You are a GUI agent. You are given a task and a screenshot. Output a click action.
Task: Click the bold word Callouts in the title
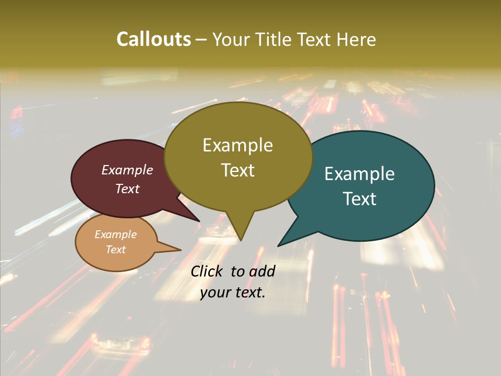(153, 39)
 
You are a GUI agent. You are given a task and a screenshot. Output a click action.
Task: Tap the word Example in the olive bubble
(237, 145)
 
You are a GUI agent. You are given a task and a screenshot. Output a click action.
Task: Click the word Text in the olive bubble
(237, 170)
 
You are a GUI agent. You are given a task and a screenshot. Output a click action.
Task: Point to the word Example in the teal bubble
(360, 174)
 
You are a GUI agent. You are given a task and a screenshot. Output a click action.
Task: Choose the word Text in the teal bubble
(360, 199)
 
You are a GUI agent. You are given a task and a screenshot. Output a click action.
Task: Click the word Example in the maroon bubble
(127, 170)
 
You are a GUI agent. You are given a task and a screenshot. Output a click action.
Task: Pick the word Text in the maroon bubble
(127, 189)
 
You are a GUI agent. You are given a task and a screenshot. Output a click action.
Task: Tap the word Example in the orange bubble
(116, 234)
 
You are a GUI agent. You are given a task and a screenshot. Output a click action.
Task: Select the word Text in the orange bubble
(116, 250)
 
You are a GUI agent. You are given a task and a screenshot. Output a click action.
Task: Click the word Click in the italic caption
(207, 271)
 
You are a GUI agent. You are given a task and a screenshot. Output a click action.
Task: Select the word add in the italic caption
(262, 271)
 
